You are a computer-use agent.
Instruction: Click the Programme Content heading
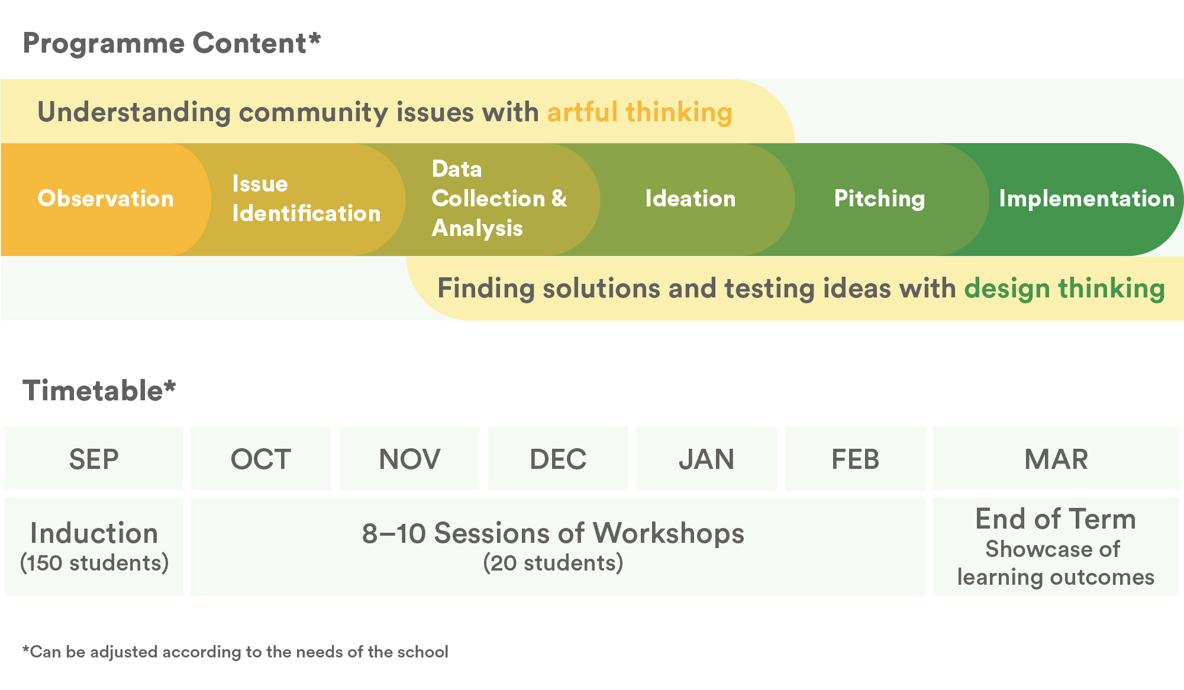pos(172,44)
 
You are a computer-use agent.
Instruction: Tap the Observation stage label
pos(106,199)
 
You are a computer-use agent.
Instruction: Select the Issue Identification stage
pos(307,199)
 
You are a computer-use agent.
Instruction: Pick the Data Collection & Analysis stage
pos(499,199)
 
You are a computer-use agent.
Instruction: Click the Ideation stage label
pos(691,199)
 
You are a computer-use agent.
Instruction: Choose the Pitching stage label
pos(879,199)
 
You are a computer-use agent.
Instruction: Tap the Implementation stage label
pos(1087,199)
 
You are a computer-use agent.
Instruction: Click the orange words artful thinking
pos(640,112)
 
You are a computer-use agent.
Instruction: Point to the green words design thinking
pos(1064,289)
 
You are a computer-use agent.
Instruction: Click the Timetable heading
pos(99,391)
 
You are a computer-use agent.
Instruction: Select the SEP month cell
pos(94,458)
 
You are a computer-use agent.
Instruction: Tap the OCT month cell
pos(261,458)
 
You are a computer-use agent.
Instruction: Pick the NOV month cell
pos(409,458)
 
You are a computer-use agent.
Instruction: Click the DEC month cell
pos(558,458)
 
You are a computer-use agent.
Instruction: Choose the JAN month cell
pos(706,458)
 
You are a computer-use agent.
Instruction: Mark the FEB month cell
pos(855,458)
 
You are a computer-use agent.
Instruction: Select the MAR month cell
pos(1056,458)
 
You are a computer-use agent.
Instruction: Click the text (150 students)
pos(94,563)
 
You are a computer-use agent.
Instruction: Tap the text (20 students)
pos(553,563)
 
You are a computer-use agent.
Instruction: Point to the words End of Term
pos(1056,519)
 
